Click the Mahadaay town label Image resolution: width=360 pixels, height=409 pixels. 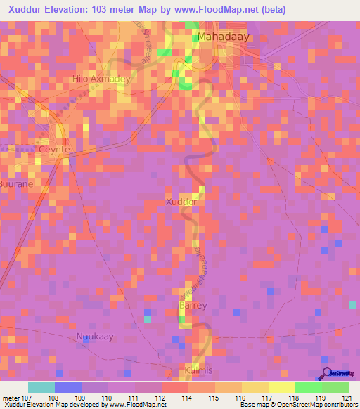225,36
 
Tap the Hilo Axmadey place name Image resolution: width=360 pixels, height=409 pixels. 102,79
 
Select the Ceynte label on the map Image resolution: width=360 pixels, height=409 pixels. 54,150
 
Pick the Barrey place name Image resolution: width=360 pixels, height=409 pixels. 193,306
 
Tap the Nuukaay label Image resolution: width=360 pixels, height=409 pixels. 94,337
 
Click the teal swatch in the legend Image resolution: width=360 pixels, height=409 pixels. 41,387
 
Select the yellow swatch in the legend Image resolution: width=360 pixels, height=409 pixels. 281,387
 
